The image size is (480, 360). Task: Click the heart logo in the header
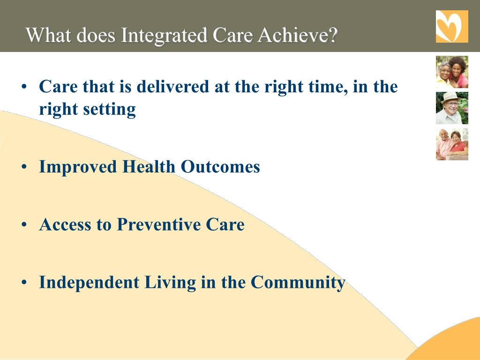point(452,26)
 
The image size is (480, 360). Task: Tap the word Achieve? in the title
point(298,35)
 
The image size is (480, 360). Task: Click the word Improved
point(78,167)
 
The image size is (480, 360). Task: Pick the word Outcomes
point(220,167)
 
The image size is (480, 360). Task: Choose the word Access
point(65,225)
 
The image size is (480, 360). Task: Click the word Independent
point(89,282)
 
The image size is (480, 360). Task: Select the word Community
point(298,283)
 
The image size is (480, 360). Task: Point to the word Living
point(170,283)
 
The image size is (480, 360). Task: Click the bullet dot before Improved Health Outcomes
point(24,167)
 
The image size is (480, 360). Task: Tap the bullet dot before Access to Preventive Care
point(24,225)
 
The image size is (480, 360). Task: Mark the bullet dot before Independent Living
point(24,282)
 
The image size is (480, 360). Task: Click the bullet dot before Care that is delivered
point(24,87)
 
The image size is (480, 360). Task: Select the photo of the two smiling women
point(452,72)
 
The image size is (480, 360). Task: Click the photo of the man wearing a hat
point(452,108)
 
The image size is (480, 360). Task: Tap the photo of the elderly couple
point(452,144)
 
